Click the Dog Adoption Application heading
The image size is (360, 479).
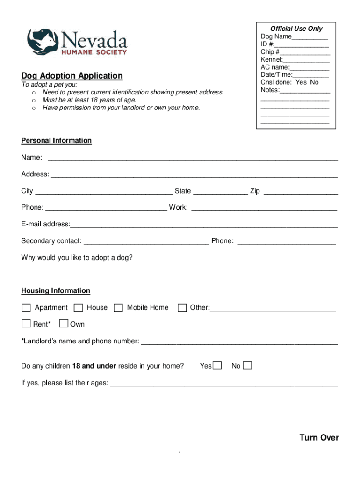(x=72, y=76)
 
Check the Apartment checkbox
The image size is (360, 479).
(x=26, y=308)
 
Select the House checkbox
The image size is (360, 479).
(x=79, y=308)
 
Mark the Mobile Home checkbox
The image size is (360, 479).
(x=119, y=308)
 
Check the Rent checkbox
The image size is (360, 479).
(x=26, y=324)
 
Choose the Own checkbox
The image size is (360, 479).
(x=64, y=324)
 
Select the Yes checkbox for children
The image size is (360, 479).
(x=217, y=365)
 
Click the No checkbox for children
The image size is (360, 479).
(x=247, y=365)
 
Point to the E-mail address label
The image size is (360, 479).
(x=45, y=224)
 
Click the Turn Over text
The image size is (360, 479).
(x=319, y=438)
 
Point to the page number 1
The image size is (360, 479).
(x=180, y=454)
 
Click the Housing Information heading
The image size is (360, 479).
(x=56, y=291)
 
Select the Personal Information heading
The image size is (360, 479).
(x=56, y=141)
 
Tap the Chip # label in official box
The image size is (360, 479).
(x=270, y=52)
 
